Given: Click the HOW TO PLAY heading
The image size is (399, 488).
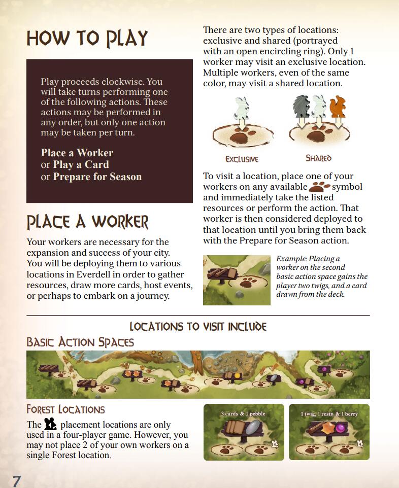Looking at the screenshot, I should pos(87,39).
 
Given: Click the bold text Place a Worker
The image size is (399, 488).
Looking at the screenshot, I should pos(77,153).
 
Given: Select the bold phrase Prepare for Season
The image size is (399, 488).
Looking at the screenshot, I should pos(97,177).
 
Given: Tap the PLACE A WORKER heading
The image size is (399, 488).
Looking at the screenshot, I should pos(87,222).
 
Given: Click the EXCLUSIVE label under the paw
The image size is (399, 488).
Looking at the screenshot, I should pos(242,159).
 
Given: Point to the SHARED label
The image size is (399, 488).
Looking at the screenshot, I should pos(318,158).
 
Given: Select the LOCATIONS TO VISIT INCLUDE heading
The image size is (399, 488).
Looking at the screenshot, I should pos(198,326).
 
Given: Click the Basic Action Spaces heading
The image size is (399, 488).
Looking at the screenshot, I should pos(80,342).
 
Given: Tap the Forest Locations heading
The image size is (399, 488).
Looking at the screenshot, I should pos(65,409).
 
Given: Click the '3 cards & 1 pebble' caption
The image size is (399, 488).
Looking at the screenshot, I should pos(243,413).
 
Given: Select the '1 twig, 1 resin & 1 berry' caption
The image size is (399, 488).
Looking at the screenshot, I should pos(329,413).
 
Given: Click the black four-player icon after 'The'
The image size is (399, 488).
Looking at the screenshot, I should pos(50,424).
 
